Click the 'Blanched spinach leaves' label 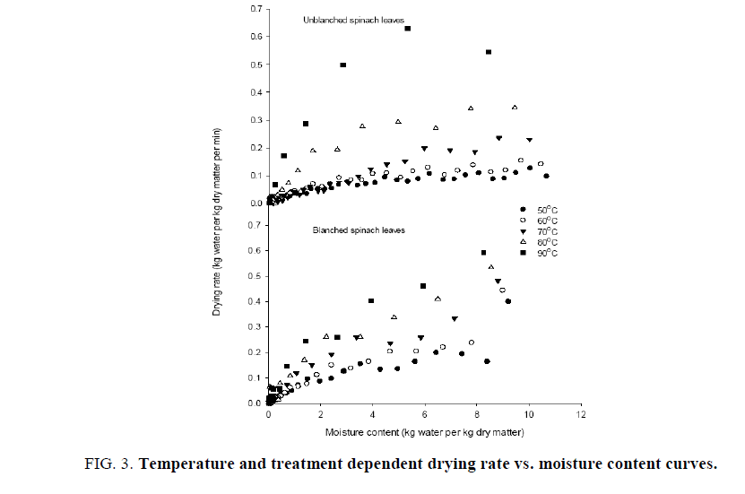[x=358, y=230]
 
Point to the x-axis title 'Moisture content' [x=426, y=432]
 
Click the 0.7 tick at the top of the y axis [x=256, y=9]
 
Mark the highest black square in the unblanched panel [x=407, y=29]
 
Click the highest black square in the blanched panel [x=484, y=253]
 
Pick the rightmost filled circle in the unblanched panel [x=546, y=176]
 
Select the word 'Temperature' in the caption [x=182, y=464]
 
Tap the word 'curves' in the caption [x=690, y=464]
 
